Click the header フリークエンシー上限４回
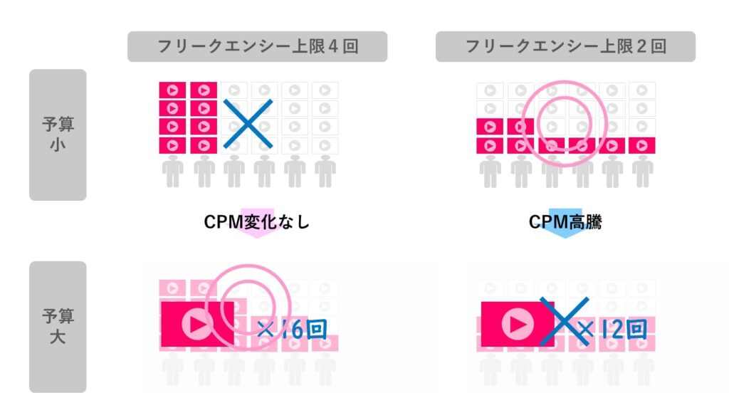[x=258, y=46]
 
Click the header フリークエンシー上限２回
[x=565, y=46]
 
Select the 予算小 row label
[x=58, y=135]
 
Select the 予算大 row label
[x=58, y=327]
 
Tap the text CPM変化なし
[x=256, y=222]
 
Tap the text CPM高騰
[x=565, y=222]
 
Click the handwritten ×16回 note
[x=292, y=330]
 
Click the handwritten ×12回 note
[x=612, y=330]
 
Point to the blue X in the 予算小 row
[x=248, y=124]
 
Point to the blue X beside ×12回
[x=564, y=321]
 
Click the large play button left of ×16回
[x=198, y=324]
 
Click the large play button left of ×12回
[x=518, y=324]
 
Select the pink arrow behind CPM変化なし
[x=257, y=224]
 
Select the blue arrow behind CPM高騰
[x=565, y=224]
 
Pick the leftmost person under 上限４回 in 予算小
[x=172, y=172]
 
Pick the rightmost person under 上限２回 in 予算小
[x=643, y=172]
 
